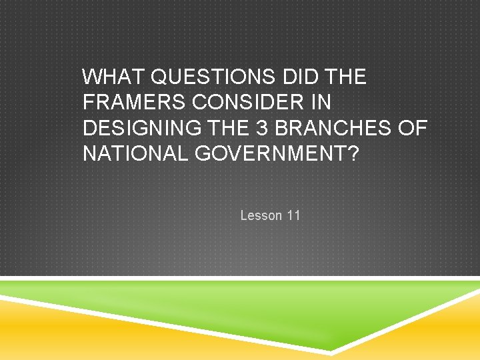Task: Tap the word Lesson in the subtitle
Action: pos(261,215)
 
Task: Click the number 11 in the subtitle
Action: pos(293,215)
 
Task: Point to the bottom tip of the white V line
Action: pos(331,351)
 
